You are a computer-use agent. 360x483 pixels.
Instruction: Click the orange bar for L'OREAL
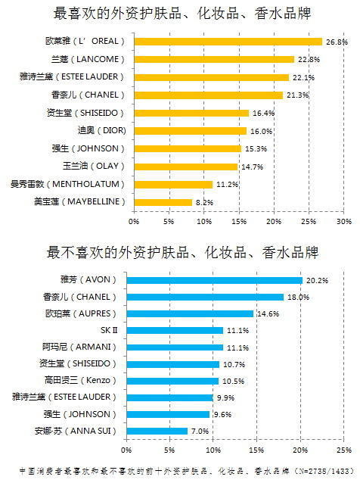[228, 42]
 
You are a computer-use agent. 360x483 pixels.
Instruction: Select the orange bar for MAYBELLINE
[163, 202]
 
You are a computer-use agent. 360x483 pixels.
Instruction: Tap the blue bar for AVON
[215, 280]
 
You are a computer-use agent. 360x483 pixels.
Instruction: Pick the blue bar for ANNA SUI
[157, 431]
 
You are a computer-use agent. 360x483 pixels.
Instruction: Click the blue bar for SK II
[175, 331]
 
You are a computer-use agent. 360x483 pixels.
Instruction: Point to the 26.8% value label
[337, 42]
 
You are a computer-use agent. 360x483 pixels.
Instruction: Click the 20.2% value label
[317, 280]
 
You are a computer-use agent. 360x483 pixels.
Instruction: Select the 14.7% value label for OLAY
[253, 167]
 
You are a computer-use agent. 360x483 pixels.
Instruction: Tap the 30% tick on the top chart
[344, 221]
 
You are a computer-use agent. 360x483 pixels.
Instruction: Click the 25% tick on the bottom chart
[344, 450]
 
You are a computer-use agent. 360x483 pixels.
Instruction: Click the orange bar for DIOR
[190, 131]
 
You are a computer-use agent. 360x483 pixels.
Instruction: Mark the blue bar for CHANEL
[205, 297]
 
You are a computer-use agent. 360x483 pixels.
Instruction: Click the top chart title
[182, 14]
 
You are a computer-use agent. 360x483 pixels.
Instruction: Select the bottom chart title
[182, 253]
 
